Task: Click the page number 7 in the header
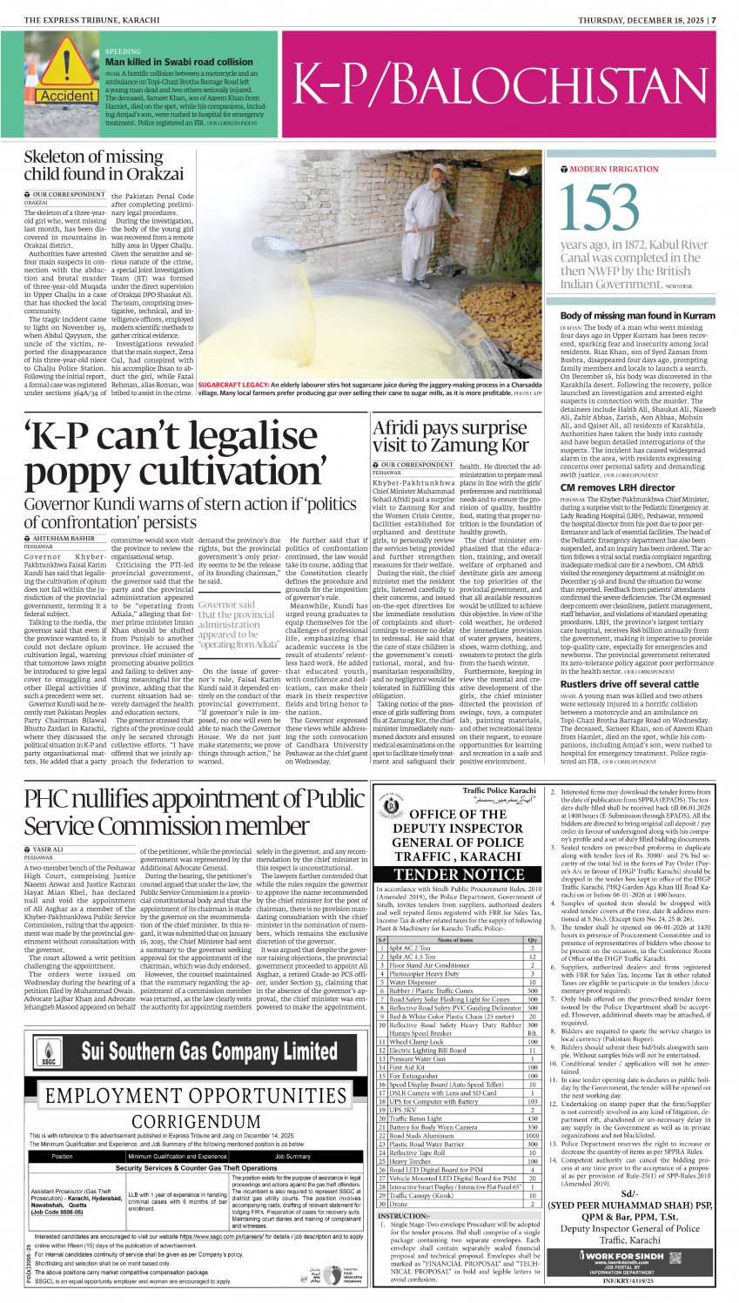click(x=713, y=19)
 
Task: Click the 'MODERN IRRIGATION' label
click(x=614, y=169)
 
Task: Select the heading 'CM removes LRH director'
click(x=617, y=488)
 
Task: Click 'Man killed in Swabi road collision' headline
click(x=178, y=63)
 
